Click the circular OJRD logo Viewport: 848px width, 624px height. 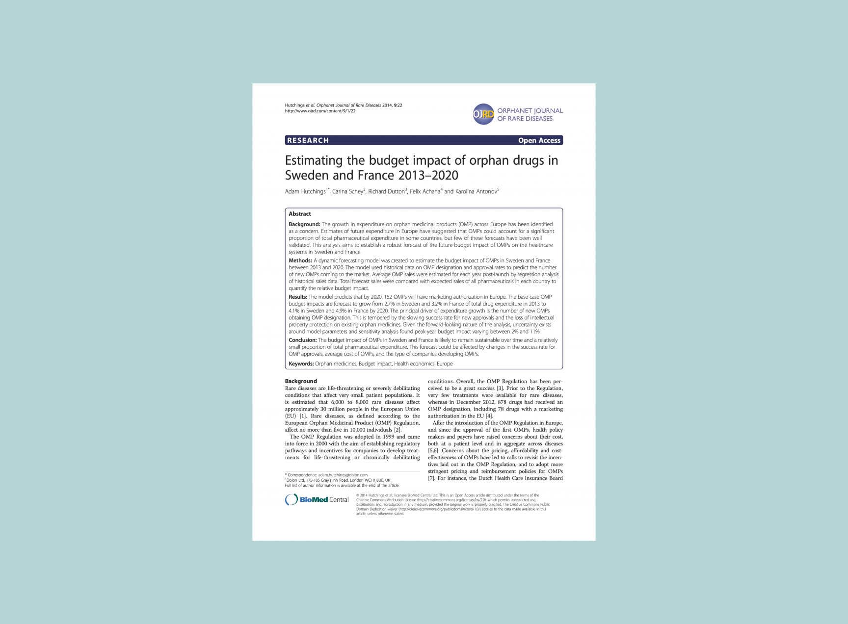click(x=483, y=114)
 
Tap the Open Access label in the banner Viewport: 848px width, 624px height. click(x=539, y=140)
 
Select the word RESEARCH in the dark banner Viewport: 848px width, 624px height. click(x=308, y=140)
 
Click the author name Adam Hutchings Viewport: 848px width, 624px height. click(x=305, y=191)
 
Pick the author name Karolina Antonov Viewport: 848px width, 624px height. click(x=476, y=191)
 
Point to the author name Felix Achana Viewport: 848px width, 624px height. click(x=424, y=191)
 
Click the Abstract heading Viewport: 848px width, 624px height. click(x=299, y=214)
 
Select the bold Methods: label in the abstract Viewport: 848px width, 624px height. click(x=300, y=260)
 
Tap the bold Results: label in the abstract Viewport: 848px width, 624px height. click(x=298, y=297)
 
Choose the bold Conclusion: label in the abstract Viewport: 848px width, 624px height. click(x=302, y=340)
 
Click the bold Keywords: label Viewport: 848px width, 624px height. click(x=301, y=364)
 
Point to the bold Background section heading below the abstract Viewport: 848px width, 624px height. click(x=301, y=381)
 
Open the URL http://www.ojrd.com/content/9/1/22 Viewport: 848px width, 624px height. click(x=320, y=111)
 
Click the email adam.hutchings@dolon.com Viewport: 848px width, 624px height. click(x=343, y=475)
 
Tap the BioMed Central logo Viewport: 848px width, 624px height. click(x=317, y=499)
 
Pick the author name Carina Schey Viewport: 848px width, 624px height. click(x=347, y=191)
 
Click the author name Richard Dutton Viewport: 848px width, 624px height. click(x=386, y=191)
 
